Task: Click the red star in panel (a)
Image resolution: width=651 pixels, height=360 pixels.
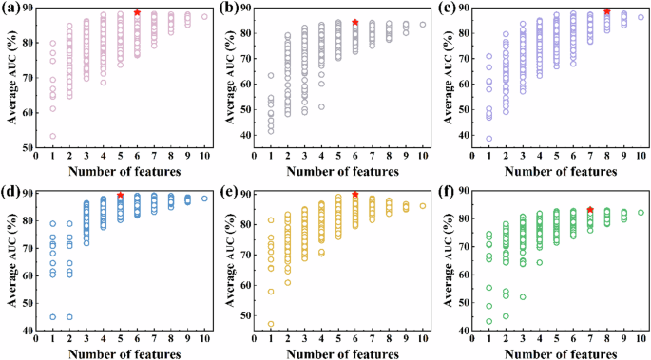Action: [x=137, y=13]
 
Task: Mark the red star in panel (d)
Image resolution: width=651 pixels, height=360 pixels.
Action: [x=121, y=195]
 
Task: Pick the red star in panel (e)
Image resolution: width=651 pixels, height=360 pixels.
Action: [x=354, y=195]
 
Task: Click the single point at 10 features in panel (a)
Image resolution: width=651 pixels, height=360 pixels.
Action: [x=204, y=16]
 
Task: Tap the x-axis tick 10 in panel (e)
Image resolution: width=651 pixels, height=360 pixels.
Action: [x=423, y=341]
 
